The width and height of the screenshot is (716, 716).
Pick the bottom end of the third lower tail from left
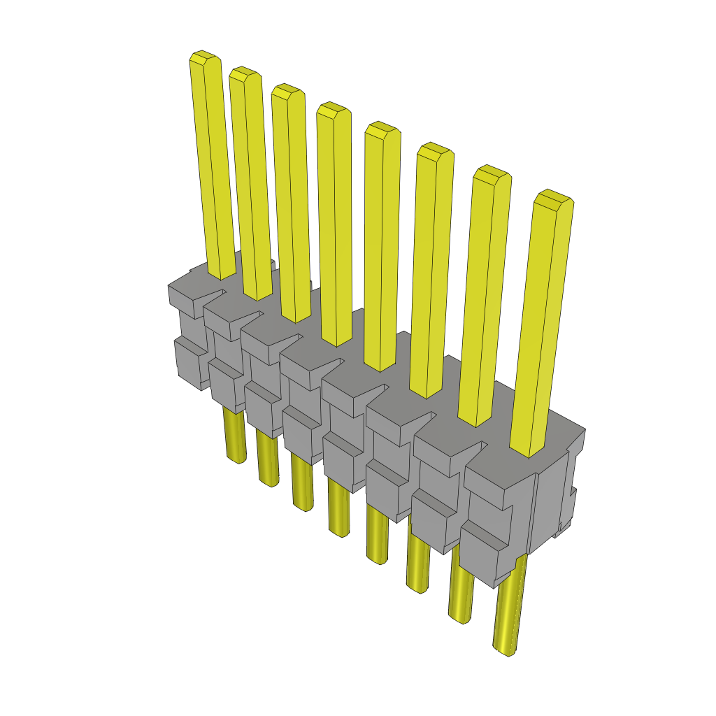[303, 508]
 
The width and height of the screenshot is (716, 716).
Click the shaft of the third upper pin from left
[292, 210]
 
